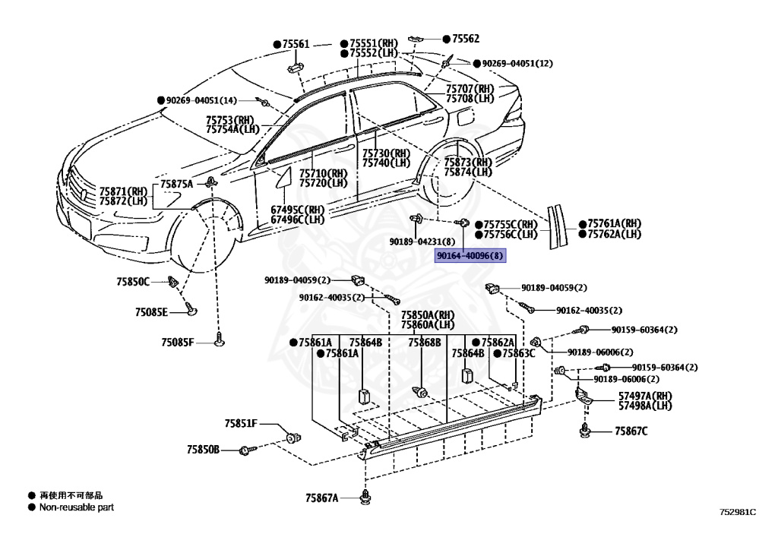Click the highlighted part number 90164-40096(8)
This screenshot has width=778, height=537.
(470, 256)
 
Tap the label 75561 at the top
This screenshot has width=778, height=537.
(296, 44)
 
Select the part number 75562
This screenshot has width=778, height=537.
(466, 39)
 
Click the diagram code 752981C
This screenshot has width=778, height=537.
(738, 512)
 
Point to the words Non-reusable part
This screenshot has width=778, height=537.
(77, 507)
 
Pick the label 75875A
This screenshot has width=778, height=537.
(176, 184)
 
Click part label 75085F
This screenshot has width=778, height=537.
(178, 342)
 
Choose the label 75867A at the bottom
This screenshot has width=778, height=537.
(321, 498)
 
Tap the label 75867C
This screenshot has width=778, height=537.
(631, 431)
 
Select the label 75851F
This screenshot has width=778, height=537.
(241, 424)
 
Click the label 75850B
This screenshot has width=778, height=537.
(203, 450)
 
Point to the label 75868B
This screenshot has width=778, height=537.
(424, 343)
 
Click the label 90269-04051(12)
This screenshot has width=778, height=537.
(517, 64)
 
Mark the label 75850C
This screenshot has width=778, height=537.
(133, 282)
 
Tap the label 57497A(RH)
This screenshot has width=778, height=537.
(645, 396)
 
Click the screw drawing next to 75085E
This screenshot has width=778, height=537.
(191, 308)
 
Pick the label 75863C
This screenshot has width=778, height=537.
(518, 353)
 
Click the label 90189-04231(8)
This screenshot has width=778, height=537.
(422, 242)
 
